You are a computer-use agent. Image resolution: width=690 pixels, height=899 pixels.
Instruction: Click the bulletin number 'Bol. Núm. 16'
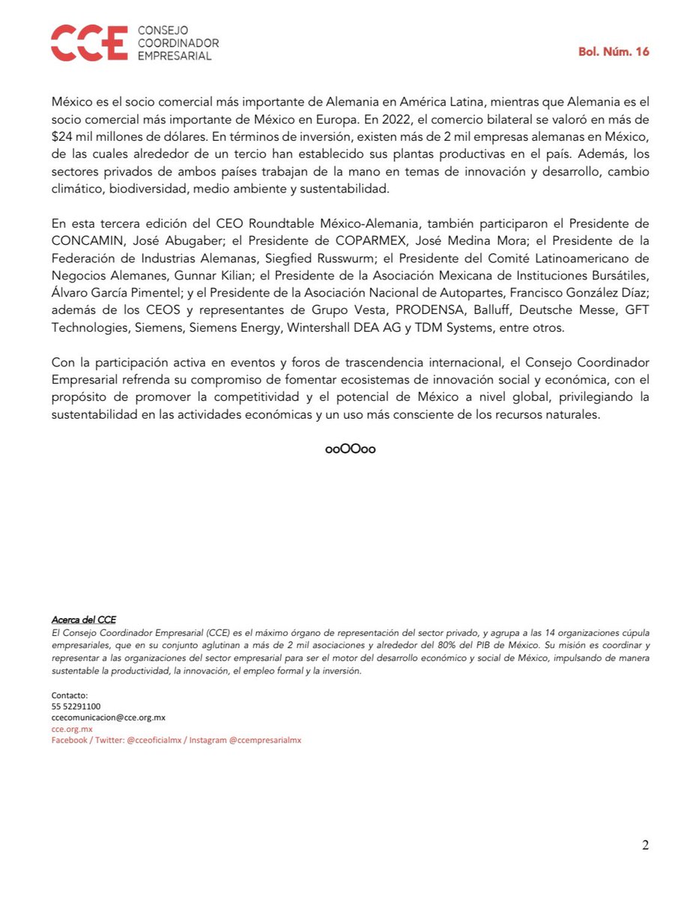613,52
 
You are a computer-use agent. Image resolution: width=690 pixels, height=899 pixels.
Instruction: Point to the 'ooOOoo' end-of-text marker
350,449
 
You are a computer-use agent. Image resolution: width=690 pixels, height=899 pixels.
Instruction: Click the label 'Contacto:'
70,695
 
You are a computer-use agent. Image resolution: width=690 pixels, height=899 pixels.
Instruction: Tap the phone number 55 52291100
76,706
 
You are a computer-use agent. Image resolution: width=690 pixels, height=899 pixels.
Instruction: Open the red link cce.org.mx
71,728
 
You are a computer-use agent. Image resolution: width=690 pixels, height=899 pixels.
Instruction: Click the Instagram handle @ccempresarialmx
264,739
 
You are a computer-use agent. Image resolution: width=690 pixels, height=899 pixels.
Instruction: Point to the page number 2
645,846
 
